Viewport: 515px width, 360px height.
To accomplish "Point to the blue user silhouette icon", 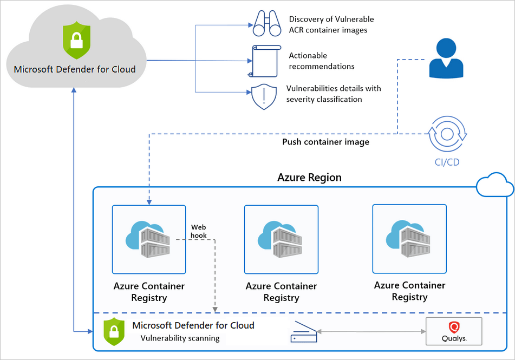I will tap(446, 58).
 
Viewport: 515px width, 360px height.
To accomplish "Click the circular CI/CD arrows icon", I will tap(447, 133).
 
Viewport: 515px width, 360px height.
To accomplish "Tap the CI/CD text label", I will tap(447, 162).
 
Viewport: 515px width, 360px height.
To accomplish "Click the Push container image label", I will tap(325, 142).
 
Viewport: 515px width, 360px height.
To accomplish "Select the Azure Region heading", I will tap(309, 178).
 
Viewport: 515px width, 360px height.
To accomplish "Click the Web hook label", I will tap(198, 231).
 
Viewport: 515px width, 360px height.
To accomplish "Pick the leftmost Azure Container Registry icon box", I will tap(148, 239).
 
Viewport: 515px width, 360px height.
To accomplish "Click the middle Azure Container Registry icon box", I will tap(281, 239).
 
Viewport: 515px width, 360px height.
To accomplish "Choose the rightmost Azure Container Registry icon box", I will tap(409, 238).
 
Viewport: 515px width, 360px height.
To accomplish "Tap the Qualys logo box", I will tap(454, 331).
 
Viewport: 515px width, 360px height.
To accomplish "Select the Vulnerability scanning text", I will tap(180, 338).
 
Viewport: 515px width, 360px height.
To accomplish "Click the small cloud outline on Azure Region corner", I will tap(494, 186).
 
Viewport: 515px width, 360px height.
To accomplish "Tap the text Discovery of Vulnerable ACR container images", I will tap(331, 24).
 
